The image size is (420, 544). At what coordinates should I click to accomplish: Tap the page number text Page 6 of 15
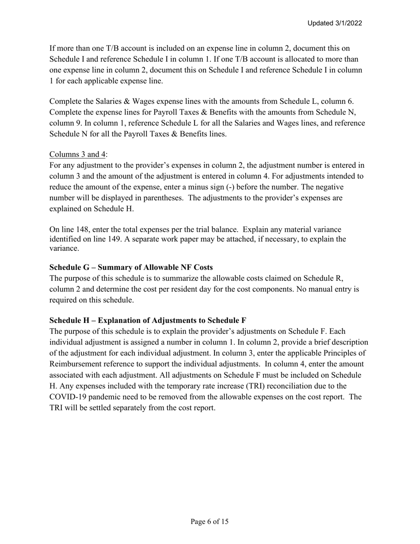[210, 522]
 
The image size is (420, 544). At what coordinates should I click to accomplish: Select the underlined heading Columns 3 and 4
[78, 154]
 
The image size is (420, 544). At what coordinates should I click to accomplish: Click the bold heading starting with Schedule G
[131, 268]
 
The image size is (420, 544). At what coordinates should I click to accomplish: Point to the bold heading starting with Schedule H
[148, 320]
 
